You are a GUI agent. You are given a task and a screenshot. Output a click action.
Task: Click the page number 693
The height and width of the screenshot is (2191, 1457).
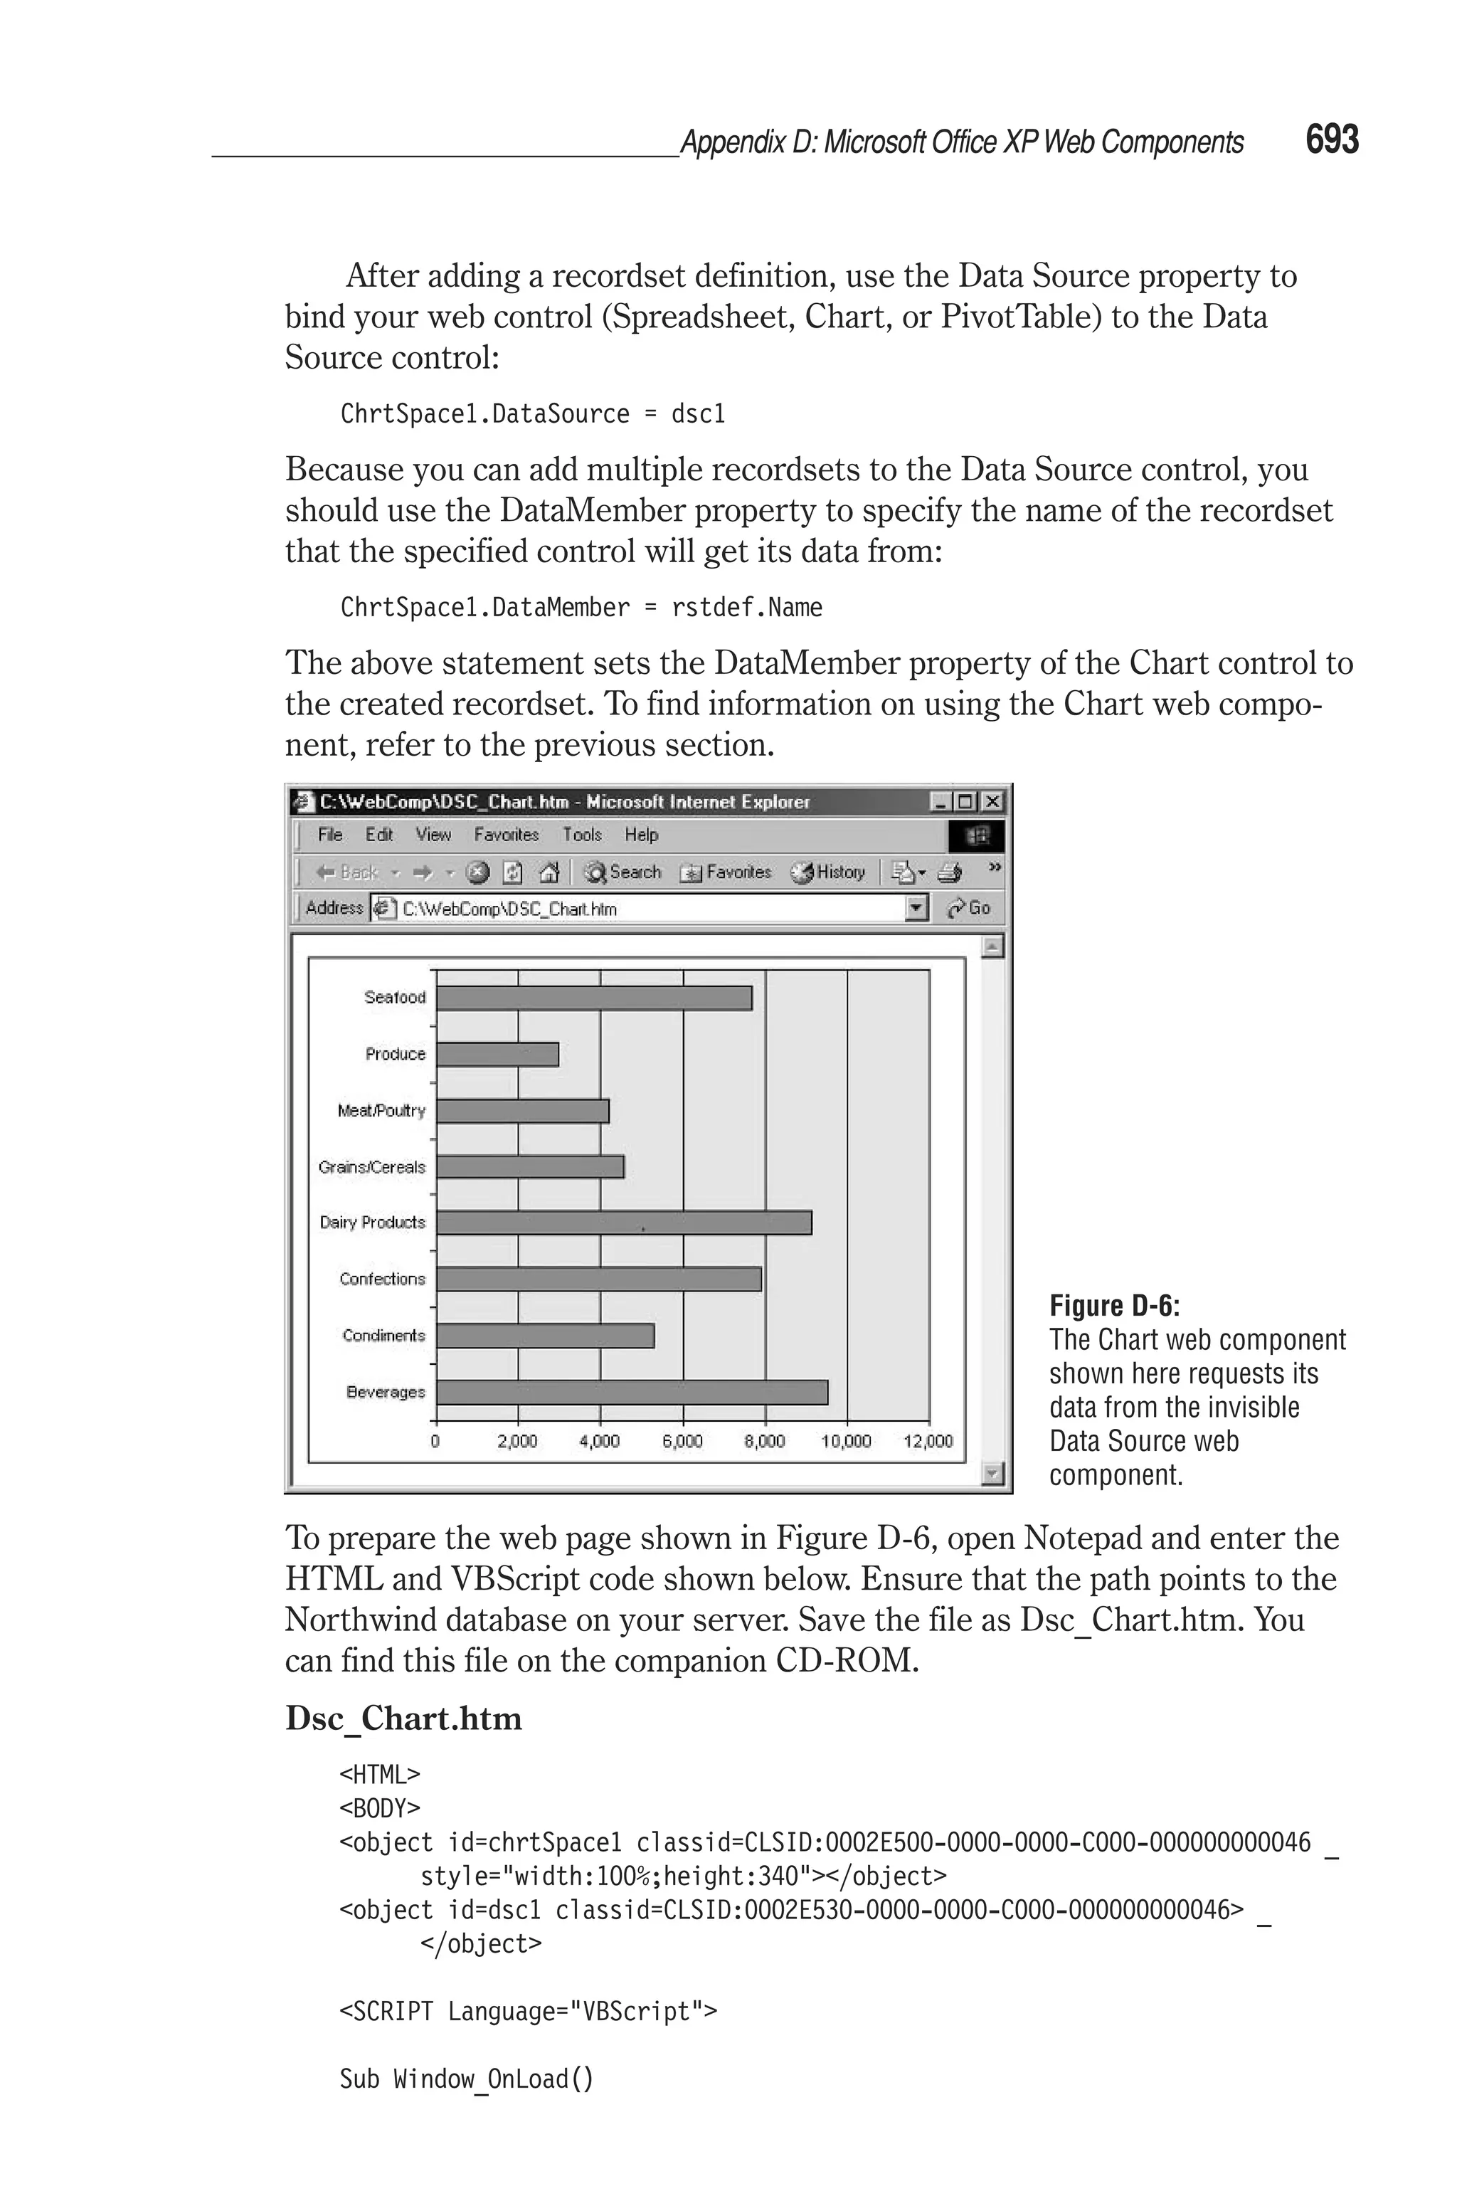coord(1332,139)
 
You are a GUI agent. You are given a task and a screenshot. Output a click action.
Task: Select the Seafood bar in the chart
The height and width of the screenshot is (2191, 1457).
coord(594,998)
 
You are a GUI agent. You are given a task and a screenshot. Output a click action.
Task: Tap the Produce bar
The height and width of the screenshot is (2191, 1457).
coord(497,1055)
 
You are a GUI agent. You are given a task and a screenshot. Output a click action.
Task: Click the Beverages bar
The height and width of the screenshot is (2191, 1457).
coord(632,1392)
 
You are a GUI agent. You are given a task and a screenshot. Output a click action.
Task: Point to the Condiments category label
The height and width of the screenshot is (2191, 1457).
coord(383,1335)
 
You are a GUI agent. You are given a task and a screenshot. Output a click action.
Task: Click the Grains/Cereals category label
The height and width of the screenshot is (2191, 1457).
coord(371,1167)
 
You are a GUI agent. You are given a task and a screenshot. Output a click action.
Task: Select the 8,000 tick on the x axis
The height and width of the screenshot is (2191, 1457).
coord(765,1441)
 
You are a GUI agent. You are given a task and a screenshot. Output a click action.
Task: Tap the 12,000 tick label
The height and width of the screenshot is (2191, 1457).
coord(928,1441)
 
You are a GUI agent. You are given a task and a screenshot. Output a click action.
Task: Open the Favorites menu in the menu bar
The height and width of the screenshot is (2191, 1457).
coord(506,835)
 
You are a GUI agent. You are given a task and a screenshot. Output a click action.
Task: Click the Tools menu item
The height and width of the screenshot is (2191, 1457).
coord(582,835)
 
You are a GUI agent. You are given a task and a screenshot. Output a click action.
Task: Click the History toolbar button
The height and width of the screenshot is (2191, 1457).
coord(829,872)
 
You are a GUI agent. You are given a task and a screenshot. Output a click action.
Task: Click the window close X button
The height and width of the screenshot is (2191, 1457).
coord(993,801)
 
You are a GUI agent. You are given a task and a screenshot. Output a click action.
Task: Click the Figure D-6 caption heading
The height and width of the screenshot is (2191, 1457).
coord(1114,1306)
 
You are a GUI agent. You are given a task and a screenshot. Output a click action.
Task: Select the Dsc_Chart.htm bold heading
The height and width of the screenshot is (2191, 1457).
coord(403,1718)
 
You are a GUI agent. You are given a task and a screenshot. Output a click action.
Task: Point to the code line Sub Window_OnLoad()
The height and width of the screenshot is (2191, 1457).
coord(467,2078)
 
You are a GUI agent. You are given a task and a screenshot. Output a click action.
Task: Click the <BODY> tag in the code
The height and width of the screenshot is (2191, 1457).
coord(380,1808)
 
